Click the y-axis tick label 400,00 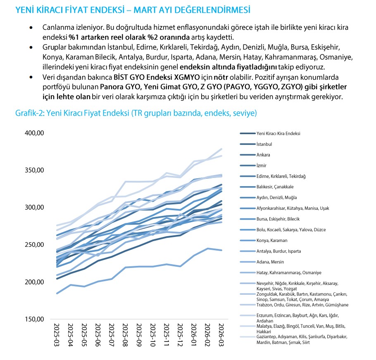(x=33, y=133)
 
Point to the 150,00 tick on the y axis (x=33, y=319)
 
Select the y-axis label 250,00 (x=33, y=245)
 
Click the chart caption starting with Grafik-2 (x=136, y=113)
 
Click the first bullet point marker (x=31, y=28)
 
